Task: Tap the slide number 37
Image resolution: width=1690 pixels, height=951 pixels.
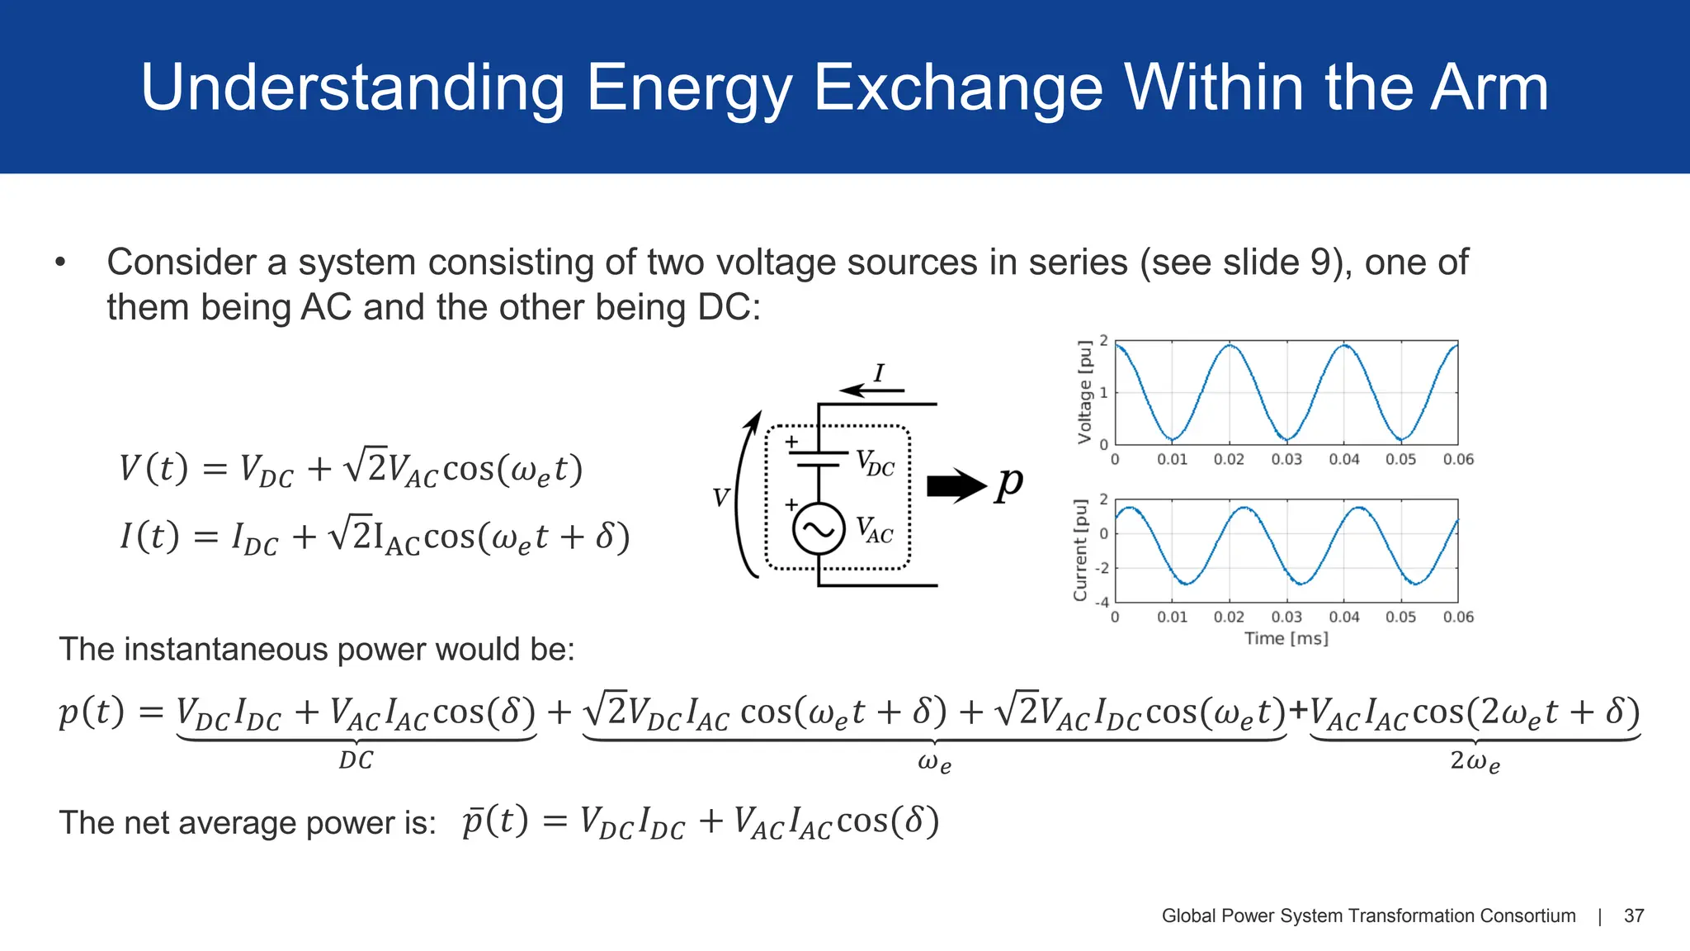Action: click(x=1634, y=916)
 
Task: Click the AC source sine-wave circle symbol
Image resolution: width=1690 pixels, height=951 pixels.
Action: click(x=819, y=528)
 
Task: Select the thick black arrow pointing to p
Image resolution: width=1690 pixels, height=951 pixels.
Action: click(x=956, y=485)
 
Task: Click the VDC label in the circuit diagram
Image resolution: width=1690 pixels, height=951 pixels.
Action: click(x=875, y=463)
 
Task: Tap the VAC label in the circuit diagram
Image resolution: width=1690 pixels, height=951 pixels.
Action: click(x=874, y=530)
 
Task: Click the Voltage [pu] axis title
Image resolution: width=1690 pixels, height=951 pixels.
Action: click(x=1084, y=392)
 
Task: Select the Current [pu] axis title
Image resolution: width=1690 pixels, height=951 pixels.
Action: click(x=1080, y=550)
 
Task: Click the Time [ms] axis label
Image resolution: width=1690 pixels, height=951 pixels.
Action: click(x=1286, y=638)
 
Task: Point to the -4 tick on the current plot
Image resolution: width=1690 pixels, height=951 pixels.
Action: click(x=1102, y=602)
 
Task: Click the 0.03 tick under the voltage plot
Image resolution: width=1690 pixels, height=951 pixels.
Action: click(x=1286, y=459)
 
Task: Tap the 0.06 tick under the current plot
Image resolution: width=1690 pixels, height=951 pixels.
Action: click(x=1458, y=617)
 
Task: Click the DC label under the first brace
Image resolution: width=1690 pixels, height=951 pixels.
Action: click(x=356, y=760)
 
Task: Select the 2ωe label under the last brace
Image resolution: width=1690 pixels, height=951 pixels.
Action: click(x=1475, y=761)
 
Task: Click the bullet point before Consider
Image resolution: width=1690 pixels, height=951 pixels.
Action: click(x=59, y=263)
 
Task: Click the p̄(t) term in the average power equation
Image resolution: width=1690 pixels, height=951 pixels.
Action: click(x=494, y=821)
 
